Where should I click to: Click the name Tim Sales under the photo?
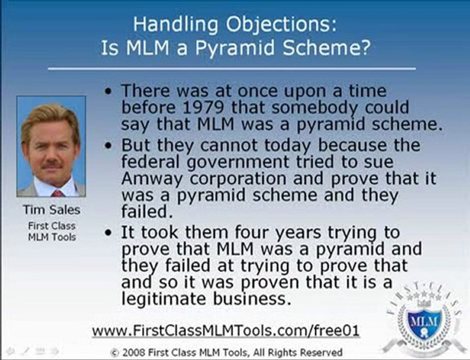click(x=51, y=210)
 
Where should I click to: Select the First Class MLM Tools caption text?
click(x=52, y=231)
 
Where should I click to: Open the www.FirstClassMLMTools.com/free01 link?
click(x=226, y=331)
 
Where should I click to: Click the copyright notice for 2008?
click(x=226, y=352)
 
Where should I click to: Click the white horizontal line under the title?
click(x=232, y=68)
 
